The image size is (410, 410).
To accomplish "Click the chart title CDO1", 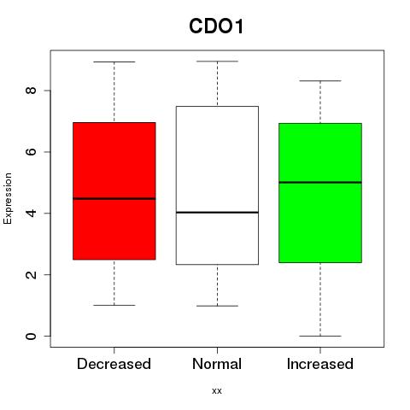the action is click(x=216, y=26).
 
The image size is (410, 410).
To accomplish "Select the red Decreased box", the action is click(x=114, y=191).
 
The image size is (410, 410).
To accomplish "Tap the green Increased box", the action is click(x=320, y=193).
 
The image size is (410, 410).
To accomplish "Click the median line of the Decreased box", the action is click(x=114, y=199).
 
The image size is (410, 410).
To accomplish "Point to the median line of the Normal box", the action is click(x=217, y=212).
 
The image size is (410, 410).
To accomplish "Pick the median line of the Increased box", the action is click(x=320, y=182).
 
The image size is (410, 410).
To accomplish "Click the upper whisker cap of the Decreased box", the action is click(x=114, y=61).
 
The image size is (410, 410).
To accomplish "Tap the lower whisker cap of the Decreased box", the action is click(x=114, y=305).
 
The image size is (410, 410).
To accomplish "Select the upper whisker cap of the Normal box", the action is click(x=217, y=61).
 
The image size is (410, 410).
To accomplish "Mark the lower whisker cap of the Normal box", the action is click(x=217, y=306).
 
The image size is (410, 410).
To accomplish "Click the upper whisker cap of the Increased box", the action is click(x=320, y=81).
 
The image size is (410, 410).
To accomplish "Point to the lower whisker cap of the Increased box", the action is click(x=320, y=336).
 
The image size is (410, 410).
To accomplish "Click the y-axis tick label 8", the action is click(x=31, y=91).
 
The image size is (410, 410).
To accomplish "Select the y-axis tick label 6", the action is click(x=31, y=151).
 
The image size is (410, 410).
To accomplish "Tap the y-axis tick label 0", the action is click(x=31, y=336).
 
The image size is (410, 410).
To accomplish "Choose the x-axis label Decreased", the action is click(x=114, y=364).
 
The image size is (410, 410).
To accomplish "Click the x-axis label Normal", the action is click(x=217, y=364).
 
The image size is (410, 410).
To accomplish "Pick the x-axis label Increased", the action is click(x=320, y=364).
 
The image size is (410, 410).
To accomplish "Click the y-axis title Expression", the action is click(x=8, y=198).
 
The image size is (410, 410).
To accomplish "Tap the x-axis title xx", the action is click(x=217, y=391).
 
